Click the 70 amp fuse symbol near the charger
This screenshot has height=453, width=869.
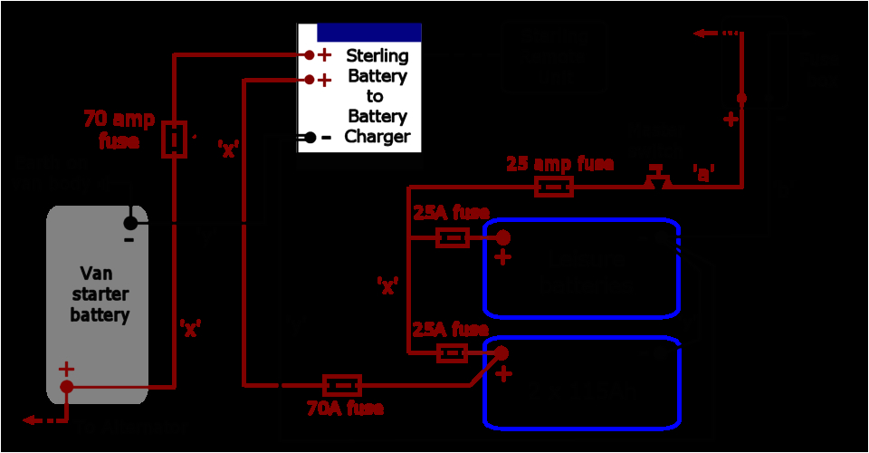coord(174,140)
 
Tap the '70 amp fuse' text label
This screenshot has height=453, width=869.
coord(119,130)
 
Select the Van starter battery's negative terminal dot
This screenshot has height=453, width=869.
coord(130,223)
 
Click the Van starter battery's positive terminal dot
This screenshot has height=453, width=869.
coord(67,387)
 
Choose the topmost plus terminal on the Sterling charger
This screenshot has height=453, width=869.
coord(309,55)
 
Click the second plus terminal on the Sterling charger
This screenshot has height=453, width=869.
coord(309,80)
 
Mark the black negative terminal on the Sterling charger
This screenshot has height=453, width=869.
coord(310,138)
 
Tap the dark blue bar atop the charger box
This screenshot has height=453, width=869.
coord(368,32)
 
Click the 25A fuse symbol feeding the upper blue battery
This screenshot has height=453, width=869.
coord(452,238)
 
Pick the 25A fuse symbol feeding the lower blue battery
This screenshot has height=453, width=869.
coord(452,352)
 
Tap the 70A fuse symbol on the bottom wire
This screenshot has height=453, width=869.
coord(342,386)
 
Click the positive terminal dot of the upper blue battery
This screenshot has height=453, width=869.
coord(501,238)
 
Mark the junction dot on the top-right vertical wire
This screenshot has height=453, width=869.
coord(741,98)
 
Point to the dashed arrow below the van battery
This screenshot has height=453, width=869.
coord(45,420)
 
